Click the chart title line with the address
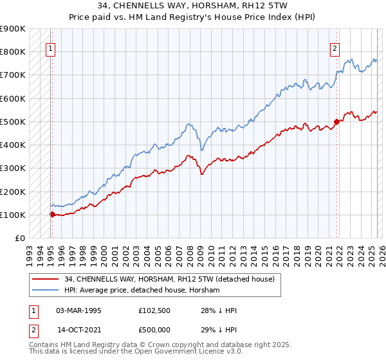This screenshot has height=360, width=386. [192, 6]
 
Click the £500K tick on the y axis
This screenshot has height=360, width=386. [12, 122]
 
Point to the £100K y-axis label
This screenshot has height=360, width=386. [12, 215]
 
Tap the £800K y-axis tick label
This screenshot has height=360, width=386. [12, 51]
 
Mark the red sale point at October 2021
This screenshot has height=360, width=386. [336, 122]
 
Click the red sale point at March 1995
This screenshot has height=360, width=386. [52, 214]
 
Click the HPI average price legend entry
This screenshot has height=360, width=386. [142, 290]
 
